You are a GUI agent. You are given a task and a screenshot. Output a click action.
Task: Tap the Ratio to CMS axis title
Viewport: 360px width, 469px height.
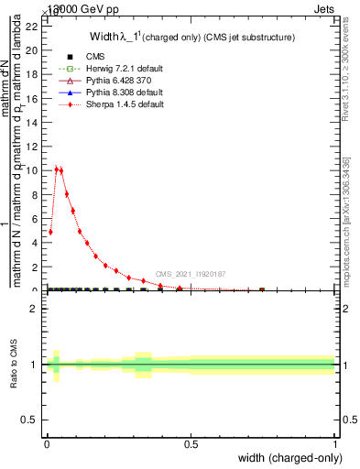pyautogui.click(x=16, y=364)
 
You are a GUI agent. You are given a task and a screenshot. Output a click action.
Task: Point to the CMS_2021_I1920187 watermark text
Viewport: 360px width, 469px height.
pyautogui.click(x=191, y=274)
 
